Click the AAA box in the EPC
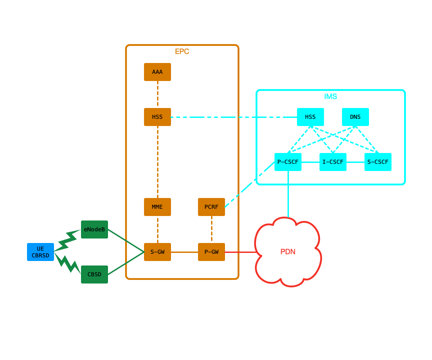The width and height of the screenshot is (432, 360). click(157, 72)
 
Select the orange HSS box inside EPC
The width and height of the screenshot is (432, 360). click(157, 117)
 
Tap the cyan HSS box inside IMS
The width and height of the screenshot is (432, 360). click(310, 117)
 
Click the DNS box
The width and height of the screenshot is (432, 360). click(355, 117)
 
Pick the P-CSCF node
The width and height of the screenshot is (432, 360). click(288, 162)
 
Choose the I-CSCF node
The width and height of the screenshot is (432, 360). click(333, 162)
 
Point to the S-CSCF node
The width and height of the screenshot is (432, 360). click(378, 162)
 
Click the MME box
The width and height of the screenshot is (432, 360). click(157, 207)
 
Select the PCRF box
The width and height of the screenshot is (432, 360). click(211, 207)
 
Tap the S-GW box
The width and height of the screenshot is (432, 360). click(157, 252)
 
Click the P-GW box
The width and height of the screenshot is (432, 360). click(211, 252)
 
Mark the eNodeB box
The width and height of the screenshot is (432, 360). click(94, 229)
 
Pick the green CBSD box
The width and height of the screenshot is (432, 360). click(94, 274)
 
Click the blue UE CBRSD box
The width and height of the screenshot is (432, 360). click(40, 252)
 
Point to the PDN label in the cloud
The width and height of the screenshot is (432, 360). click(288, 252)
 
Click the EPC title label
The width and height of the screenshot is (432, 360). click(182, 52)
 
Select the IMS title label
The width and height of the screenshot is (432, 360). click(331, 97)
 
